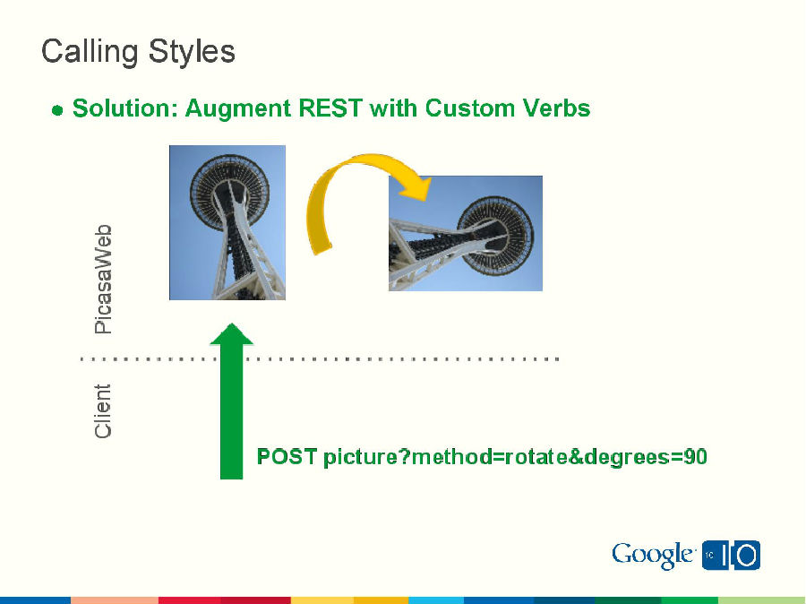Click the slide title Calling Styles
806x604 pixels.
coord(138,51)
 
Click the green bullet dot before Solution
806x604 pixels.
coord(56,110)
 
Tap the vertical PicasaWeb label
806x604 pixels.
coord(104,279)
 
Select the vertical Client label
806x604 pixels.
coord(104,411)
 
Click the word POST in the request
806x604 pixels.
coord(287,457)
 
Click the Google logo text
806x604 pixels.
coord(653,555)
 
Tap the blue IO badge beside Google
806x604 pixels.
coord(732,556)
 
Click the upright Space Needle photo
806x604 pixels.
coord(227,222)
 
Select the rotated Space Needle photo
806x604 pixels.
coord(465,233)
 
